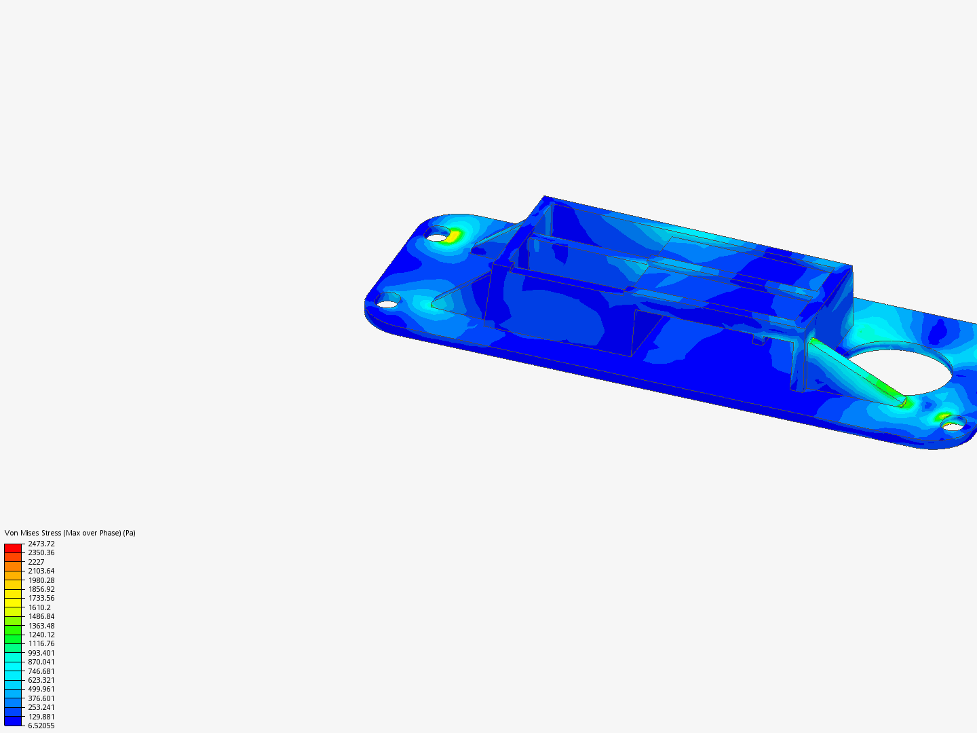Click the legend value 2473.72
pyautogui.click(x=41, y=544)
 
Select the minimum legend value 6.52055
pyautogui.click(x=41, y=726)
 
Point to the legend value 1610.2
pyautogui.click(x=39, y=607)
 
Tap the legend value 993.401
pyautogui.click(x=41, y=653)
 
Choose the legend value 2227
pyautogui.click(x=36, y=562)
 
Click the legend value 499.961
pyautogui.click(x=41, y=689)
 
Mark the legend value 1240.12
pyautogui.click(x=41, y=635)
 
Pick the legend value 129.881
pyautogui.click(x=41, y=717)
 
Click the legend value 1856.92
pyautogui.click(x=41, y=589)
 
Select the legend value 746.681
pyautogui.click(x=41, y=671)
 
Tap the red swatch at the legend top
pyautogui.click(x=13, y=548)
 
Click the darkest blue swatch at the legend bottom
pyautogui.click(x=13, y=721)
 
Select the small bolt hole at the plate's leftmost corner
pyautogui.click(x=387, y=303)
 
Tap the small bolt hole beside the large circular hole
pyautogui.click(x=953, y=426)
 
